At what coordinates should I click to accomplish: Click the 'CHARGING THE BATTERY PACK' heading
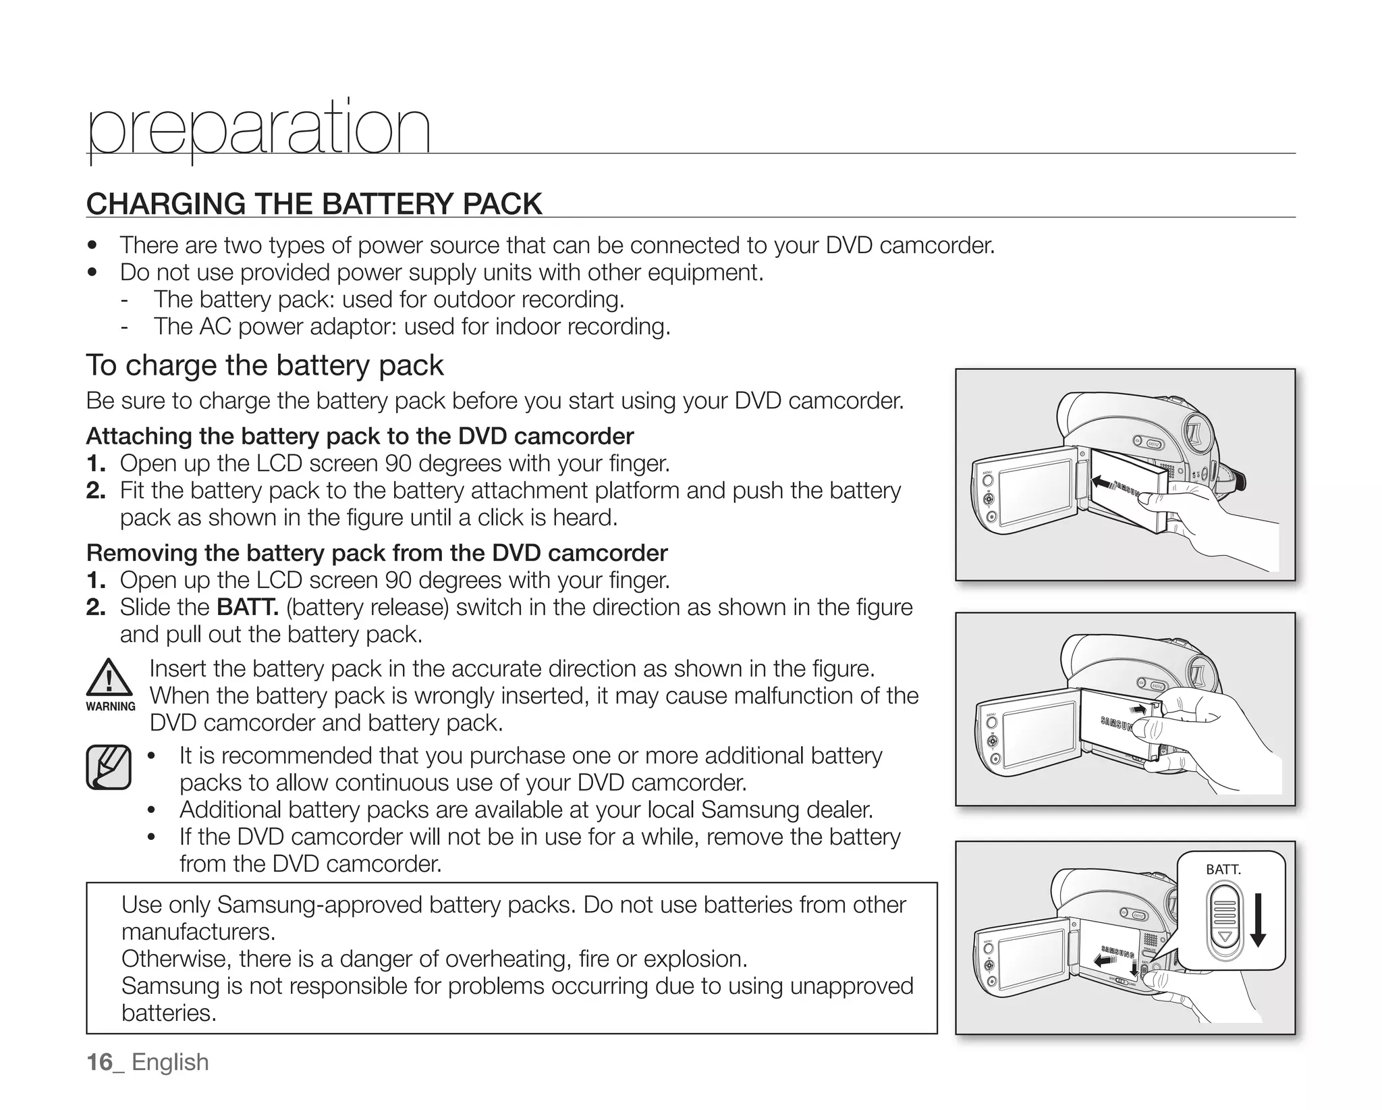pyautogui.click(x=314, y=204)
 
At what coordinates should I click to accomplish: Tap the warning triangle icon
pyautogui.click(x=109, y=677)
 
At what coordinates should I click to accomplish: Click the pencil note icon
pyautogui.click(x=109, y=767)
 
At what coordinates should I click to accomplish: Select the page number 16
pyautogui.click(x=100, y=1062)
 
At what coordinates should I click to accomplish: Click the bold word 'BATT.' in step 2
pyautogui.click(x=248, y=608)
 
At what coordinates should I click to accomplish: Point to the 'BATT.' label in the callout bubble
pyautogui.click(x=1223, y=870)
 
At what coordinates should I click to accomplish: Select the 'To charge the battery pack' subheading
pyautogui.click(x=265, y=365)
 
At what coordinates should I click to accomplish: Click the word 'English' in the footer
pyautogui.click(x=170, y=1062)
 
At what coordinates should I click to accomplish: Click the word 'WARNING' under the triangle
pyautogui.click(x=111, y=706)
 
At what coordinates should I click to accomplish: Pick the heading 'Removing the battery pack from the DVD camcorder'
pyautogui.click(x=377, y=553)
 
